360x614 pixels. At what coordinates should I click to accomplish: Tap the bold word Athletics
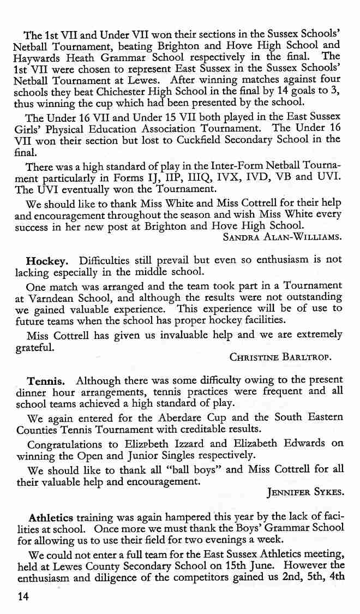point(51,516)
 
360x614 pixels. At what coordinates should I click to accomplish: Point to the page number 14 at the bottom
point(22,597)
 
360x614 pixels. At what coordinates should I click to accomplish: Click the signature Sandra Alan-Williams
point(283,237)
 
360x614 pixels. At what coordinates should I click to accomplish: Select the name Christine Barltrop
point(281,358)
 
